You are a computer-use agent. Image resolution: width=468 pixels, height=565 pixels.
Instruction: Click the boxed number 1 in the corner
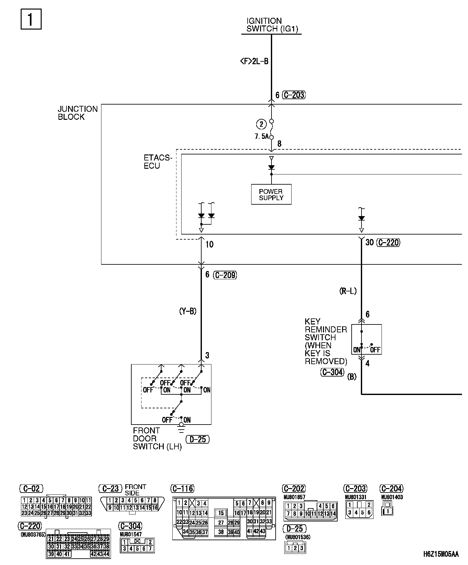[31, 20]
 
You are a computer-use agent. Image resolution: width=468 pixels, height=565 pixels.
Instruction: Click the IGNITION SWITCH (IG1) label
[272, 25]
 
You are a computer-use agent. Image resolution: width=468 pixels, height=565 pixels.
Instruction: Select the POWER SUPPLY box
[271, 194]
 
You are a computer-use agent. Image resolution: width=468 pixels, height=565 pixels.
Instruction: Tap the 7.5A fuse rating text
[261, 137]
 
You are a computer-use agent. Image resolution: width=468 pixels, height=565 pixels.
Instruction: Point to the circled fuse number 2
[261, 124]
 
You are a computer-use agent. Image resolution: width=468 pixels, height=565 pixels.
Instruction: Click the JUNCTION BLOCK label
[78, 113]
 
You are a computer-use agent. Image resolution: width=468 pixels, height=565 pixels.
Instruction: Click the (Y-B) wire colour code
[188, 311]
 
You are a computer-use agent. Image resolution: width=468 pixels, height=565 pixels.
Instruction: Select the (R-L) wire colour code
[348, 291]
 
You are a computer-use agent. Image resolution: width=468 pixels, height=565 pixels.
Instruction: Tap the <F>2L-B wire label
[254, 61]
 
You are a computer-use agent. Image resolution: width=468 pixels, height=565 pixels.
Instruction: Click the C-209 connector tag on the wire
[225, 275]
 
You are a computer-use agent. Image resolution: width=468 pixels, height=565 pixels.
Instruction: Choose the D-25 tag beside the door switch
[197, 439]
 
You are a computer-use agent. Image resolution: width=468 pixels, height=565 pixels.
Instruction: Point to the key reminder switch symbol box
[366, 339]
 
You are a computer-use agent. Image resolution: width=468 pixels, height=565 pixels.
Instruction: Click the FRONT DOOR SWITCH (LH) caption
[157, 439]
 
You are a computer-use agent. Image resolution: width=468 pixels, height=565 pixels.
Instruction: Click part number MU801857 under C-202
[294, 497]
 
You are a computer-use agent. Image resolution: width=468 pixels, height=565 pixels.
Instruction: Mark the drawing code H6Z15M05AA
[441, 554]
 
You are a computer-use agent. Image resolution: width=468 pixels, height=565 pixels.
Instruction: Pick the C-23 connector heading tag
[110, 488]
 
